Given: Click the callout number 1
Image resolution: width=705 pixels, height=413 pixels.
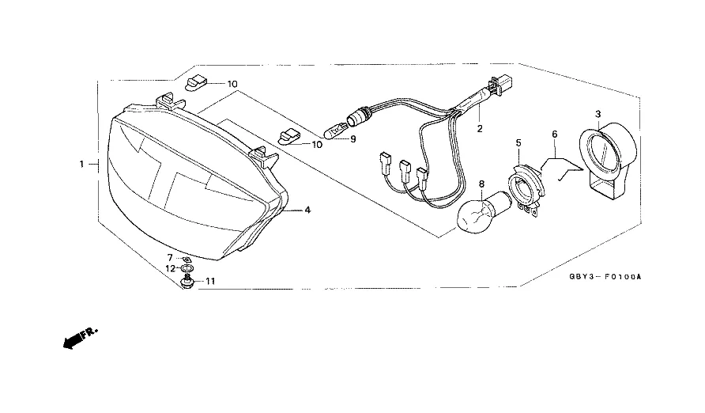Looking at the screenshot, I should (81, 164).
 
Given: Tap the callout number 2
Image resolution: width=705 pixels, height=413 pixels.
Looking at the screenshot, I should (479, 127).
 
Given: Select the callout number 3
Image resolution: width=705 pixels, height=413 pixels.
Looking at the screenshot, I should (598, 114).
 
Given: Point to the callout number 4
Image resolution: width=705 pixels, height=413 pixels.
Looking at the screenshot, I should (307, 210).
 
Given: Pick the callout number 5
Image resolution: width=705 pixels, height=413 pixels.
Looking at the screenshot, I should (518, 143).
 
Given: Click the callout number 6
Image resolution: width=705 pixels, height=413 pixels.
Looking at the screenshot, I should (554, 134).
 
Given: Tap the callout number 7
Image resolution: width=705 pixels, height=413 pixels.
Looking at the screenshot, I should (169, 258).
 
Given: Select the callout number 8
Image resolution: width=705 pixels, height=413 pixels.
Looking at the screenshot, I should (482, 185).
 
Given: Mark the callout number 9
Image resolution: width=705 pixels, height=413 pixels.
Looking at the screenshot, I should (352, 139).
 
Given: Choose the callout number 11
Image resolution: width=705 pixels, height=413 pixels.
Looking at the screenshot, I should (209, 281).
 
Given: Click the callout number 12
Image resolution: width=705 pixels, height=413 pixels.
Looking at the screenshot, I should (170, 269).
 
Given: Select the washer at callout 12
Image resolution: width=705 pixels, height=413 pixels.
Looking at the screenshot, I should (187, 269).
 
